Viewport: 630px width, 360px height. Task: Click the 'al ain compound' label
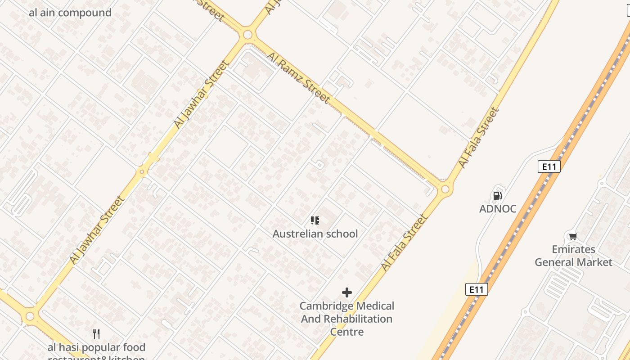[70, 13]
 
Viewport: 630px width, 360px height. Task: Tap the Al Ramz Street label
[298, 77]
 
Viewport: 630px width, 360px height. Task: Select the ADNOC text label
[497, 209]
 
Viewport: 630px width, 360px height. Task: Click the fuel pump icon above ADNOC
[497, 195]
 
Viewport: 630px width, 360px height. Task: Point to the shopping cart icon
[573, 236]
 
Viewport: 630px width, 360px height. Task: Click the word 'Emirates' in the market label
[573, 249]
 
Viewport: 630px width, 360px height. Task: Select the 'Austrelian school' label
[315, 234]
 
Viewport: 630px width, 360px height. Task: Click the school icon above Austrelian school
[315, 220]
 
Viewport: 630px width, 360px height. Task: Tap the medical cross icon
[346, 292]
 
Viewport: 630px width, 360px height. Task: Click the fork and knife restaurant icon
[96, 333]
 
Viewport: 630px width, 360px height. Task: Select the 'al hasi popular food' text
[97, 347]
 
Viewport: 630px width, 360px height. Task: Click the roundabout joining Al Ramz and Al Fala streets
[445, 189]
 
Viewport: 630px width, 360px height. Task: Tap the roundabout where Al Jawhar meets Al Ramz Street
[247, 35]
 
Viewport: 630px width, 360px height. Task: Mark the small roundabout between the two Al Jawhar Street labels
[142, 171]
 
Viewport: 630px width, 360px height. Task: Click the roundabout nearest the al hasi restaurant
[30, 316]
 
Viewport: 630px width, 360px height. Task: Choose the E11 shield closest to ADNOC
[549, 167]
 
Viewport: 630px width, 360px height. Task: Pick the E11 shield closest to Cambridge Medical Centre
[476, 289]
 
